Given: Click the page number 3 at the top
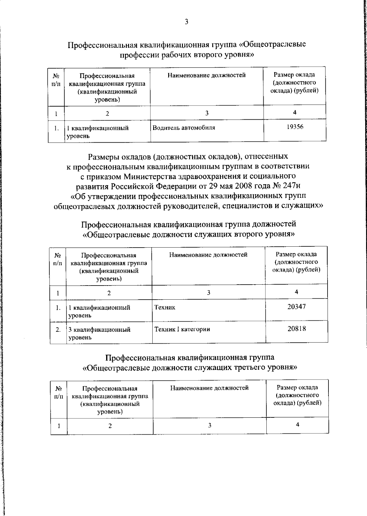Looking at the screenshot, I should click(x=186, y=22).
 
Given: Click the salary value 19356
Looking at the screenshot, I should click(x=295, y=127).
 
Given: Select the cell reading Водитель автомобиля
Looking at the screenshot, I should click(x=184, y=128).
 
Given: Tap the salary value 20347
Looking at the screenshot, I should click(x=296, y=306).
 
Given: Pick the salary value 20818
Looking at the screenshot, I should click(x=297, y=329).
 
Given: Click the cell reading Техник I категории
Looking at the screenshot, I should click(x=182, y=329).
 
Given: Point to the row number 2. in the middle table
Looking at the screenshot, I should click(x=58, y=330).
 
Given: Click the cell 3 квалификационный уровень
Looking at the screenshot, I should click(x=99, y=333).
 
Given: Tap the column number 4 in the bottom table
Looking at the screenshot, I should click(x=297, y=424).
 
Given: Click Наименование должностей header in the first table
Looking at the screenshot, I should click(x=206, y=75).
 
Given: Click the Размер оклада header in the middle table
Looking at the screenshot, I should click(x=296, y=262).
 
